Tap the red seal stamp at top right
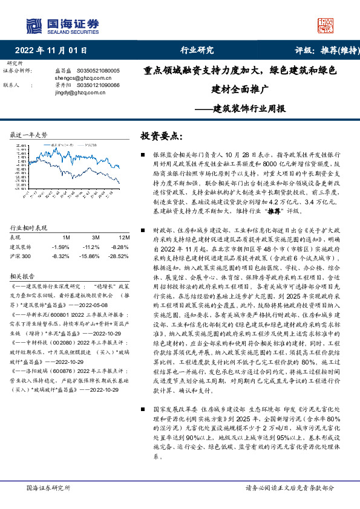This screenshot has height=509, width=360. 326,25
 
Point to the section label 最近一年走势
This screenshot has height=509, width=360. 29,134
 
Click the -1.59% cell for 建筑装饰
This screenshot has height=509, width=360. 61,247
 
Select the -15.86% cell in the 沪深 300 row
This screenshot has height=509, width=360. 89,256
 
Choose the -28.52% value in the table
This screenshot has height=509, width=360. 119,256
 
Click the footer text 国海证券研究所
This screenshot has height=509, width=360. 46,487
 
